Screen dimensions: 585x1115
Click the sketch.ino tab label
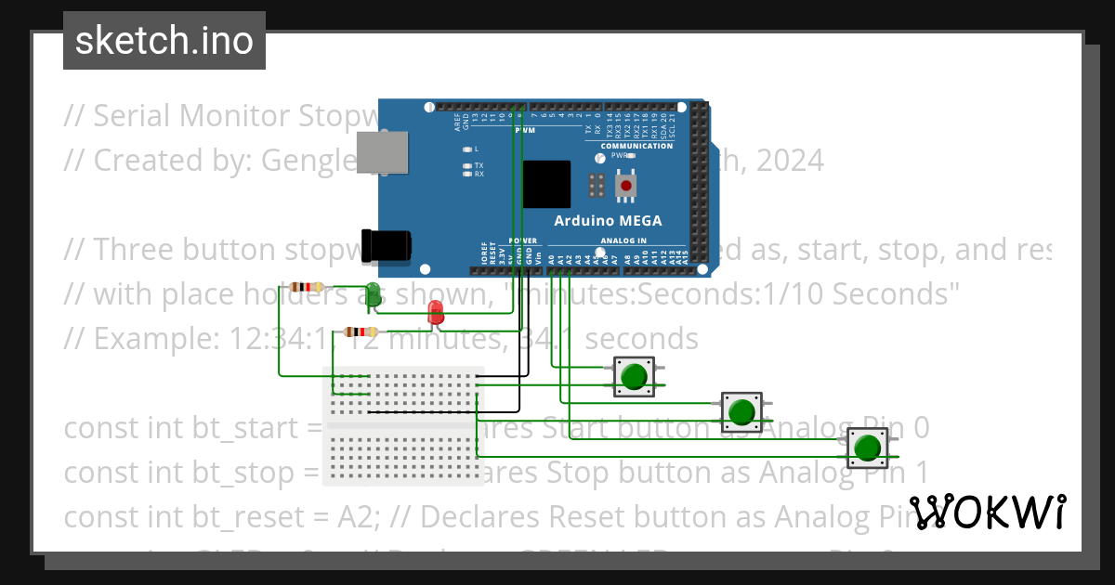(164, 41)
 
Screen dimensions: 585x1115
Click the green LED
(373, 292)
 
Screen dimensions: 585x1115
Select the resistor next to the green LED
(308, 287)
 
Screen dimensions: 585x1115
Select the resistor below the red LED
(361, 331)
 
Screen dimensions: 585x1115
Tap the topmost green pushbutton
(635, 377)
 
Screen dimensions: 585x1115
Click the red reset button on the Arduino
(624, 184)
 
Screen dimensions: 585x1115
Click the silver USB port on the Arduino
(383, 153)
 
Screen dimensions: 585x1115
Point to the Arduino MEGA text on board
(608, 220)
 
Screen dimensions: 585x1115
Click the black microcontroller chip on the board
(546, 184)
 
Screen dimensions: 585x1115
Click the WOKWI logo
(987, 512)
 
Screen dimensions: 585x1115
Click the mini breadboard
(401, 425)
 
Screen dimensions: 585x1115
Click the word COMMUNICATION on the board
(636, 146)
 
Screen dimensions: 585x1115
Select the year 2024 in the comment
(789, 161)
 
